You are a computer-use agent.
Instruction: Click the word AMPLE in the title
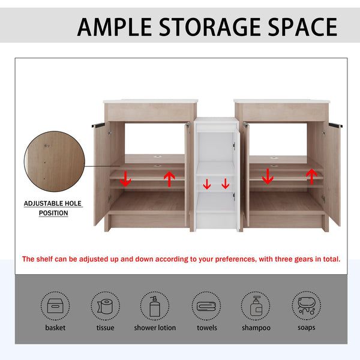tap(115, 27)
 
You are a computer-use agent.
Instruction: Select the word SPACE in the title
tap(302, 27)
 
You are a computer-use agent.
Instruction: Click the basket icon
tap(55, 305)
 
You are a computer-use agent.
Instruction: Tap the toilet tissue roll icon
tap(105, 306)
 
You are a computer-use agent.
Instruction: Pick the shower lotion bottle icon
tap(155, 306)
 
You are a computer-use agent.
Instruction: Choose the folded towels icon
tap(206, 306)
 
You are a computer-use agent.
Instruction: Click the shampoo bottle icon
tap(256, 306)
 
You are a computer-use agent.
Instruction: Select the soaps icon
tap(307, 306)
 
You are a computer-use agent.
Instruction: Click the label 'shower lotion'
tap(155, 328)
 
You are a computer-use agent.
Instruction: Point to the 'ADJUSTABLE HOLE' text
tap(53, 203)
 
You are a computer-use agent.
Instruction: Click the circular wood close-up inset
tap(55, 161)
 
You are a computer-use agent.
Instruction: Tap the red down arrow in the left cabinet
tap(125, 179)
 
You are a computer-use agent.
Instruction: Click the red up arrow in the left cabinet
tap(169, 179)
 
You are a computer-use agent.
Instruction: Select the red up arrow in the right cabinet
tap(311, 176)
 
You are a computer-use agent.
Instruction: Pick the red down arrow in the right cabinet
tap(268, 176)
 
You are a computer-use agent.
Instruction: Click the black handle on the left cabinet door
tap(98, 125)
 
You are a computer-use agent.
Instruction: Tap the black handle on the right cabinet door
tap(335, 125)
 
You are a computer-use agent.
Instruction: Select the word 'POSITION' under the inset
tap(53, 213)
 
